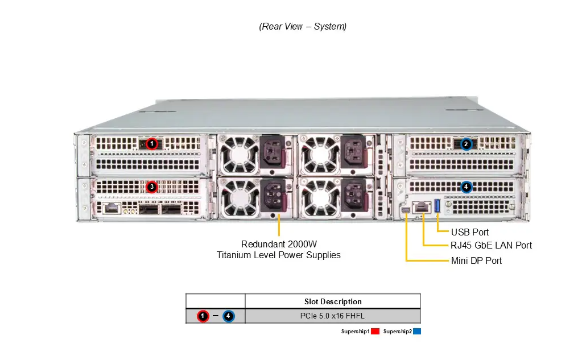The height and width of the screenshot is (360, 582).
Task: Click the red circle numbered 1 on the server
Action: [x=151, y=144]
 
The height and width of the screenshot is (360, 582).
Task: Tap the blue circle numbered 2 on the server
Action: [x=466, y=144]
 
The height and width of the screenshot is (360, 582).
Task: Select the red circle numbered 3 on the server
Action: [x=151, y=187]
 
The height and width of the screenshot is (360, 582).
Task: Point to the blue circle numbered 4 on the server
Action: [x=466, y=187]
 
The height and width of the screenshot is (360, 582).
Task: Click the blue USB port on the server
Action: [x=437, y=206]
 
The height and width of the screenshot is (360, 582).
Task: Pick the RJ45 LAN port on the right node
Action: [x=422, y=208]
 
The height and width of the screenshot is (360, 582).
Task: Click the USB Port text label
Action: [x=469, y=232]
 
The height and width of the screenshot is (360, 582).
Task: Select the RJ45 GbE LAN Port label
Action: [x=491, y=245]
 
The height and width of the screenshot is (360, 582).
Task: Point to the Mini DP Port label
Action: [x=476, y=260]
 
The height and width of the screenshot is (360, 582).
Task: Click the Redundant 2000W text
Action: [x=279, y=244]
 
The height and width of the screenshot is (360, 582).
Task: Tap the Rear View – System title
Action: [x=303, y=26]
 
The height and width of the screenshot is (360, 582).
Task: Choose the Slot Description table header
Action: [x=333, y=301]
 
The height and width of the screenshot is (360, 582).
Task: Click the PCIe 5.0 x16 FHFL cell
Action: [x=333, y=316]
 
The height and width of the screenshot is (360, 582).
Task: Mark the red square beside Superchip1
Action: [x=375, y=331]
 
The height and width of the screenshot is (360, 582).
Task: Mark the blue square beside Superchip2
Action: [x=417, y=331]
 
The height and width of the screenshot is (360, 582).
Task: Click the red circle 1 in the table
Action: [x=203, y=316]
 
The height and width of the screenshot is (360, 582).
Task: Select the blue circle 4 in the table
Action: [x=228, y=316]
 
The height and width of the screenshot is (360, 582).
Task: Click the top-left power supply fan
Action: [x=235, y=154]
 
